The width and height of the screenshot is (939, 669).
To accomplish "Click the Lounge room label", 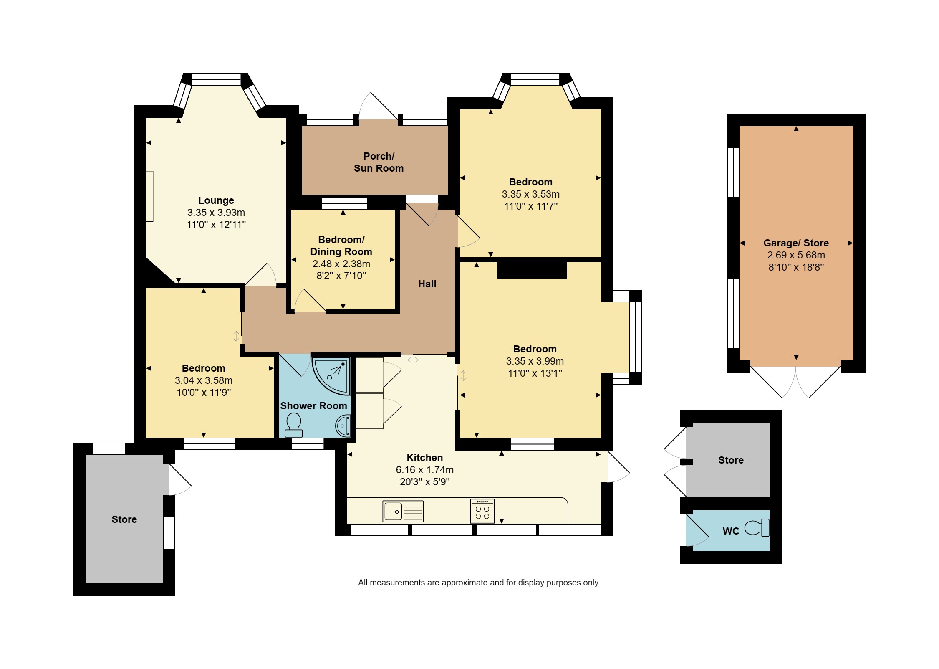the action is click(216, 200).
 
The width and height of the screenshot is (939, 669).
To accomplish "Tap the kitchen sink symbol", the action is click(403, 511).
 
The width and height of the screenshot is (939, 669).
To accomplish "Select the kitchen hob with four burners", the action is click(482, 511).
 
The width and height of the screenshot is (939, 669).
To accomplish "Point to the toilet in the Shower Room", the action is click(294, 425).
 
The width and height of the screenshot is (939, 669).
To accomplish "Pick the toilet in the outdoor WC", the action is click(757, 528).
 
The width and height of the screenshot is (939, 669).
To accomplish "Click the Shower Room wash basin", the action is click(343, 426).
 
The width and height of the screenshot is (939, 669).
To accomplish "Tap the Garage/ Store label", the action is click(796, 243).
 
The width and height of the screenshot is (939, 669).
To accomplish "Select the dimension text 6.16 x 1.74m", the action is click(424, 470).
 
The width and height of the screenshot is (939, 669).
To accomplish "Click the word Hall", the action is click(427, 284).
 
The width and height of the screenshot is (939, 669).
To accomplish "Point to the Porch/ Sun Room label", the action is click(379, 162).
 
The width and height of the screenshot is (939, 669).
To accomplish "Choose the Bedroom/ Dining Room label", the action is click(341, 246).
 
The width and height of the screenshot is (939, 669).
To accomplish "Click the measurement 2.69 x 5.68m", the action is click(796, 255).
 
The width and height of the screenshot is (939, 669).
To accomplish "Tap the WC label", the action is click(731, 531).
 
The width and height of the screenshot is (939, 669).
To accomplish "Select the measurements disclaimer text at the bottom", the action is click(479, 583).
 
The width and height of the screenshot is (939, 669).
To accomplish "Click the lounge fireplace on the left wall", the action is click(149, 196).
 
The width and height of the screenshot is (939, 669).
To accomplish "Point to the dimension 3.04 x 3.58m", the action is click(203, 380).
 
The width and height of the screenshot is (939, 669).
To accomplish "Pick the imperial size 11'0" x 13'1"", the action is click(535, 373).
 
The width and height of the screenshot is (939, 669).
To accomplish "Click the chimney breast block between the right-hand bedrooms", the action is click(532, 270).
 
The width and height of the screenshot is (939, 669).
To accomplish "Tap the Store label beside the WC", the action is click(731, 460).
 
